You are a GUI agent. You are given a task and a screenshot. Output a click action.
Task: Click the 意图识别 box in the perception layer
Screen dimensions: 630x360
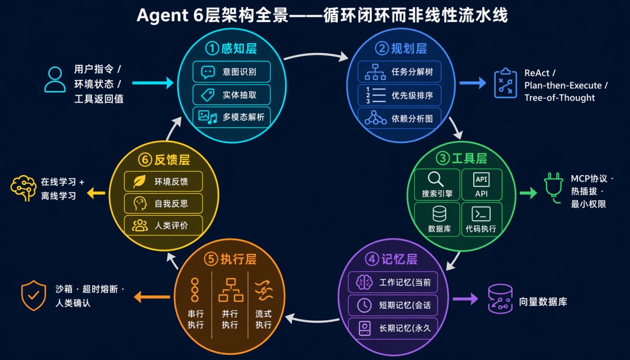(232, 72)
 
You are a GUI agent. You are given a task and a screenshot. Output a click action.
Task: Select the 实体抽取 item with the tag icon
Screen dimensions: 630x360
(232, 95)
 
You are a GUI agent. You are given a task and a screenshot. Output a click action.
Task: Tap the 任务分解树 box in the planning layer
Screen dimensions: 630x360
(400, 72)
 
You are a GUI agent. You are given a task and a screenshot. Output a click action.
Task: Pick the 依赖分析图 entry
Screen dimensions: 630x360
(400, 118)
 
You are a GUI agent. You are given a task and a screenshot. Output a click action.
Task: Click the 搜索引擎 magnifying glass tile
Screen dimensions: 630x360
(437, 185)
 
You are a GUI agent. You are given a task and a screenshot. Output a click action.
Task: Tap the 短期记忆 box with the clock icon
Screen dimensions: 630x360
(393, 305)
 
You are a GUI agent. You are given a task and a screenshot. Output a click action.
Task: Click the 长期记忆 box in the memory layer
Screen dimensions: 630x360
(393, 328)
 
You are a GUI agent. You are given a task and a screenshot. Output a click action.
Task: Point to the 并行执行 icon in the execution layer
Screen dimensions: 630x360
(230, 289)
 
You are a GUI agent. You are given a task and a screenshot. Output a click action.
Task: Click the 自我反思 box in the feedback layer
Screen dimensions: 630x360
(163, 204)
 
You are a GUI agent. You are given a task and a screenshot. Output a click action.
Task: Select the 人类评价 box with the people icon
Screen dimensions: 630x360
(163, 226)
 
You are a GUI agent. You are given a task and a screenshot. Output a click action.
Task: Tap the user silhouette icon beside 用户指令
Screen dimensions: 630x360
(55, 80)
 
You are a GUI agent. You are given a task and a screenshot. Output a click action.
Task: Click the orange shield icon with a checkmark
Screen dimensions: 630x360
(34, 296)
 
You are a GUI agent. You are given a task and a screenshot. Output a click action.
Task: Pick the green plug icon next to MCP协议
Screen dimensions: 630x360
(554, 188)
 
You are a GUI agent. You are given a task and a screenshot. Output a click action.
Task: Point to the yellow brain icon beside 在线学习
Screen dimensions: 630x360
(23, 188)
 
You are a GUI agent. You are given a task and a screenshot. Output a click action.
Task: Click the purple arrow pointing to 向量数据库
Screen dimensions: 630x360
(466, 299)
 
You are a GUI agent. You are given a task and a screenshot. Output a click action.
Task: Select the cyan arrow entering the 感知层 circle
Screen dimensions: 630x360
(153, 83)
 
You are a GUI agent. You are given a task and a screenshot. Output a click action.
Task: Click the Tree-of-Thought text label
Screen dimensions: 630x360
(559, 97)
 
